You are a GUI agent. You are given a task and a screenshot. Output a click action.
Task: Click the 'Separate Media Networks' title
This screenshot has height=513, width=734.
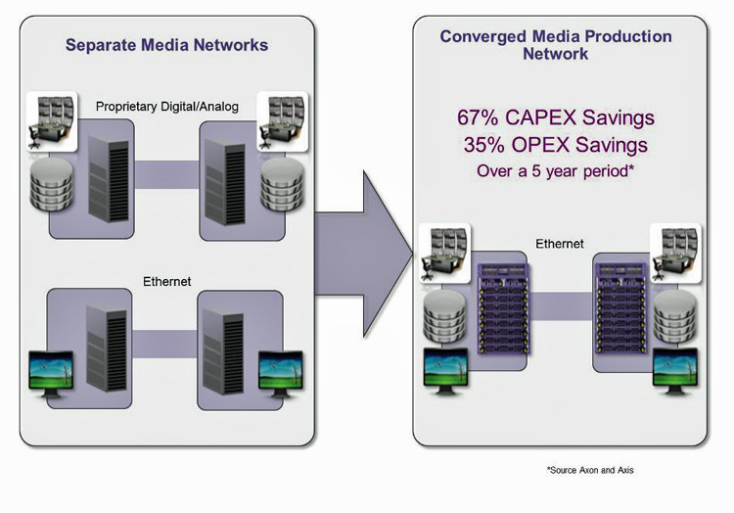[166, 45]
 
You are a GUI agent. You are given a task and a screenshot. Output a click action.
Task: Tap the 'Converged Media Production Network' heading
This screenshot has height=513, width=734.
[556, 45]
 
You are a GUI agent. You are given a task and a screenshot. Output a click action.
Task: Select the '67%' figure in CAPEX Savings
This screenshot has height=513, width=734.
[478, 117]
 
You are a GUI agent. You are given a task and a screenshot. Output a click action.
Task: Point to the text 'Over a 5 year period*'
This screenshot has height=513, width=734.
[556, 171]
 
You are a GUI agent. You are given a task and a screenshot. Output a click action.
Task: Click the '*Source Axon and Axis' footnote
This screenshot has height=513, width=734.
[590, 470]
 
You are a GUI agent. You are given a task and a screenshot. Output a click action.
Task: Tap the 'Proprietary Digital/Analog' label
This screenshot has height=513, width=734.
[167, 107]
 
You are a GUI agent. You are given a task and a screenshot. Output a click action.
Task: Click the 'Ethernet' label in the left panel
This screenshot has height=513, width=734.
[167, 281]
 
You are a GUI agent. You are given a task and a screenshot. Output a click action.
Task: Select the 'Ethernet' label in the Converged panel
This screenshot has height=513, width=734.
[560, 244]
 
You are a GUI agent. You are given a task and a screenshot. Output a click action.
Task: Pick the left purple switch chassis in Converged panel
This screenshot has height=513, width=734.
[503, 309]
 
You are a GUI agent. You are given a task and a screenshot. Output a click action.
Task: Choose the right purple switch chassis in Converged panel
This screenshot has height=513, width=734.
[620, 309]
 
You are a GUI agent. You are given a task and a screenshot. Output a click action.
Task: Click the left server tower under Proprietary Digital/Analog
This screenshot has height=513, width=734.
[109, 179]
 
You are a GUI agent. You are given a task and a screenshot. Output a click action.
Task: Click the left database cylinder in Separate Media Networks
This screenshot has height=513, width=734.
[52, 184]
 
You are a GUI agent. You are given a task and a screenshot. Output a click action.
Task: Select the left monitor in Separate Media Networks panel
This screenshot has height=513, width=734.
[51, 374]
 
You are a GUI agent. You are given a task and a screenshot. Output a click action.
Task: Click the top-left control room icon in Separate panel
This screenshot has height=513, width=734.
[52, 121]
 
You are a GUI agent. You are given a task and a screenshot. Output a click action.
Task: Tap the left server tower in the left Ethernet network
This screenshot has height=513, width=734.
[107, 349]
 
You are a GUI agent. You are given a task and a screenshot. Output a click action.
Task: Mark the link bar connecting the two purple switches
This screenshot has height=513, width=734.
[561, 306]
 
